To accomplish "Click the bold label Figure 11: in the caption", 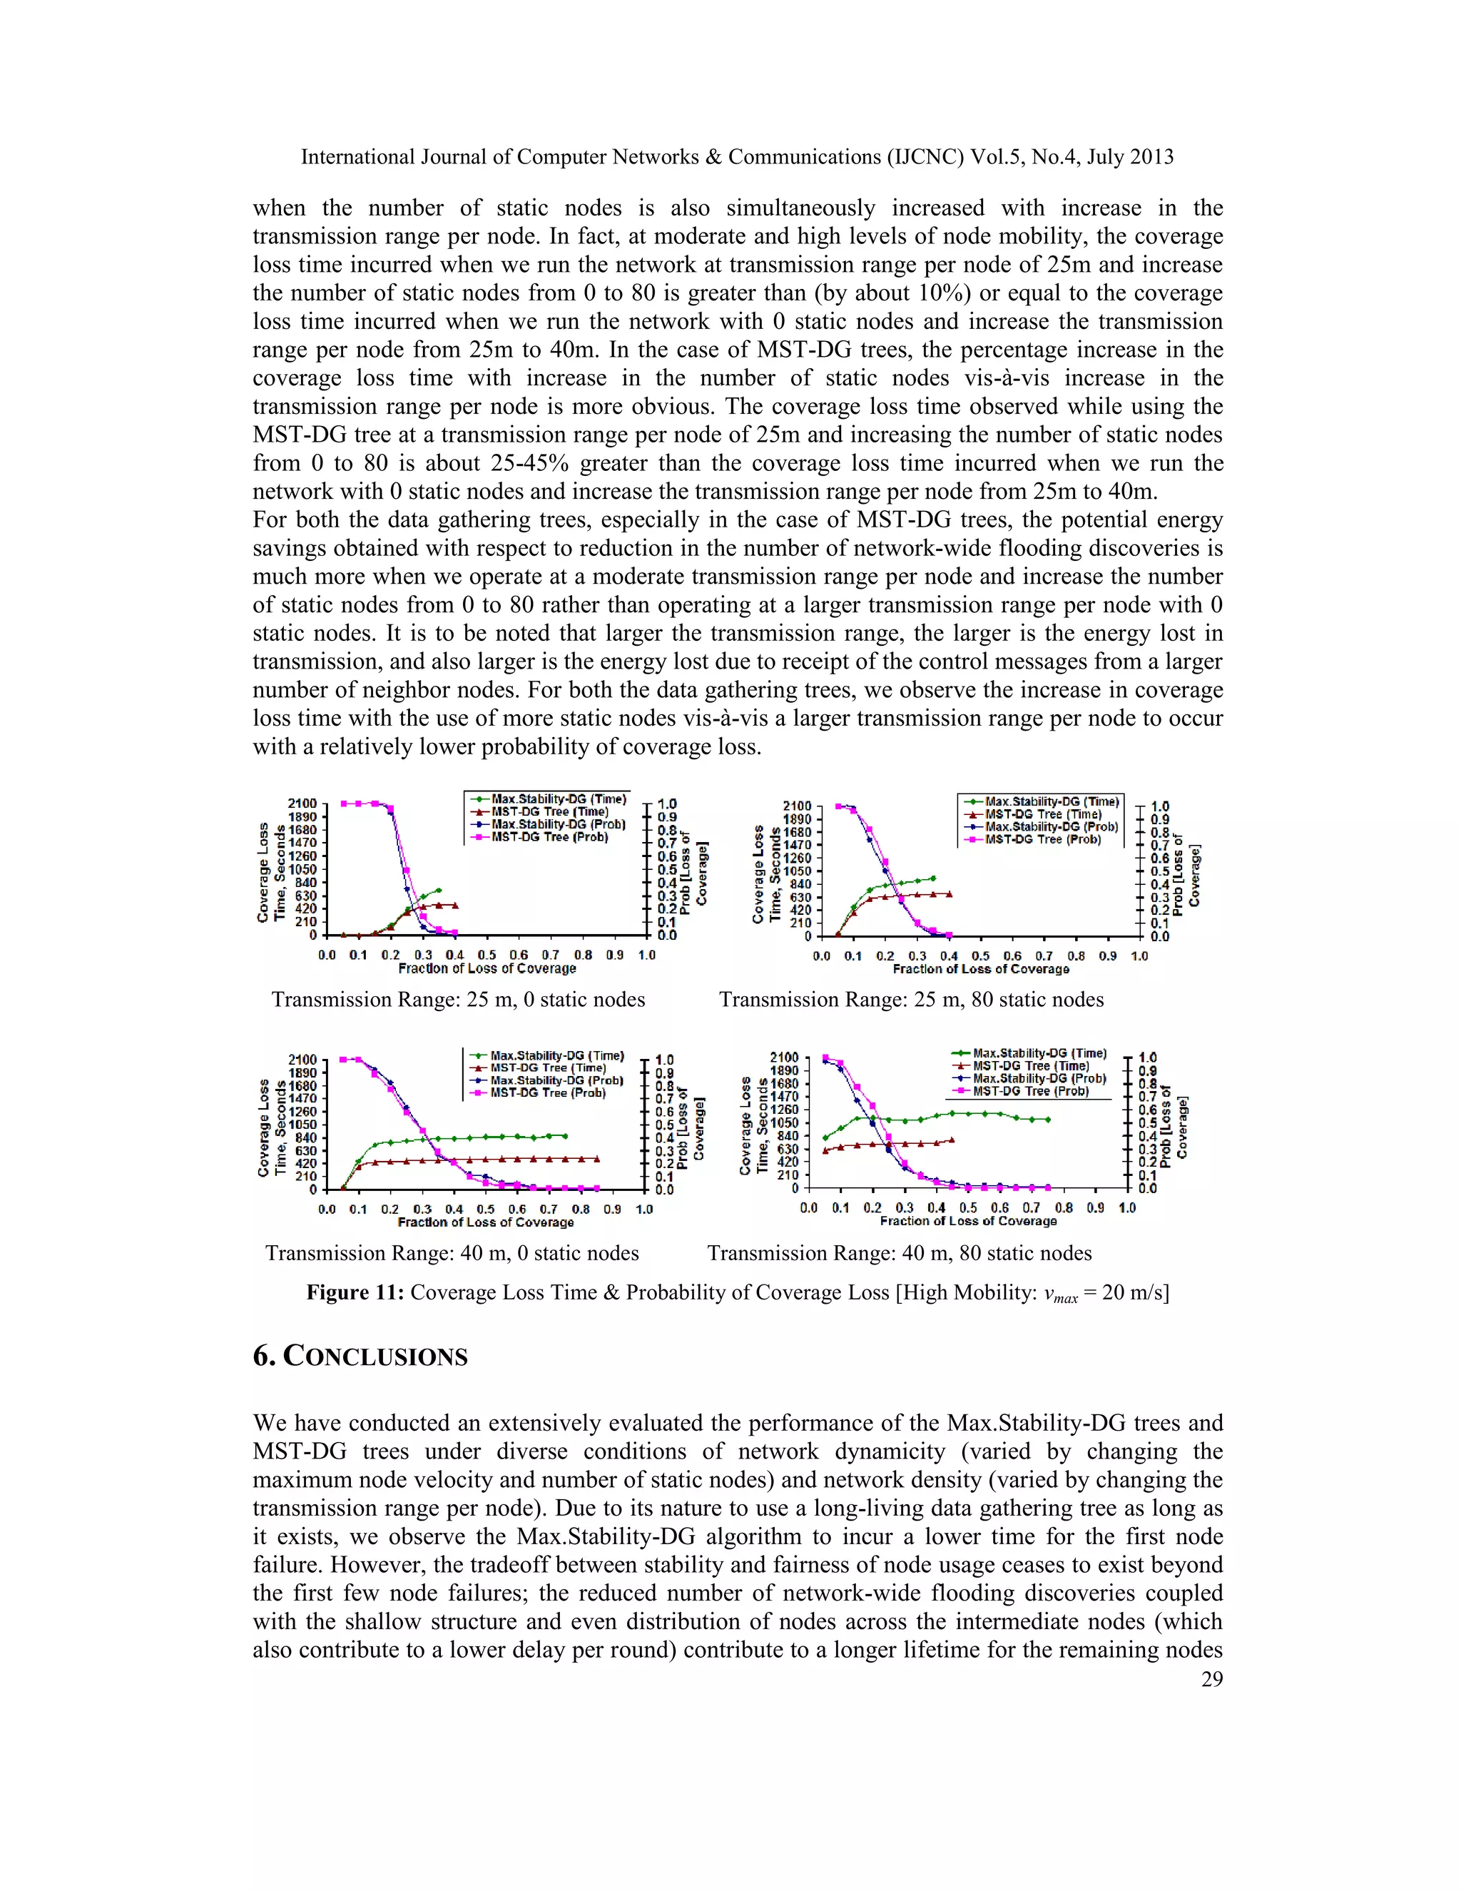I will click(355, 1293).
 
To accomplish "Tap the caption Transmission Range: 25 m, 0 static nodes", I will click(458, 999).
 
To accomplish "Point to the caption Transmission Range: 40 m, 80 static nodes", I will click(900, 1253).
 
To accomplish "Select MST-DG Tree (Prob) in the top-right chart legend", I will click(1042, 839).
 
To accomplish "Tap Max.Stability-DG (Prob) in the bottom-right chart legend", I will click(1039, 1079).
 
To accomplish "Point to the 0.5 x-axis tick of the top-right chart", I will click(981, 956).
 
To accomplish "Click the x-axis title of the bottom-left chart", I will click(486, 1222).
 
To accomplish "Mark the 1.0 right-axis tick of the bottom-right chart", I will click(1147, 1058).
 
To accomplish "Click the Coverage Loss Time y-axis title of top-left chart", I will click(270, 872).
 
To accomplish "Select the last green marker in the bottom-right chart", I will click(1047, 1120).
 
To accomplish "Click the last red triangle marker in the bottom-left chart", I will click(597, 1158).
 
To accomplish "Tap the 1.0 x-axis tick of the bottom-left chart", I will click(644, 1210).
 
